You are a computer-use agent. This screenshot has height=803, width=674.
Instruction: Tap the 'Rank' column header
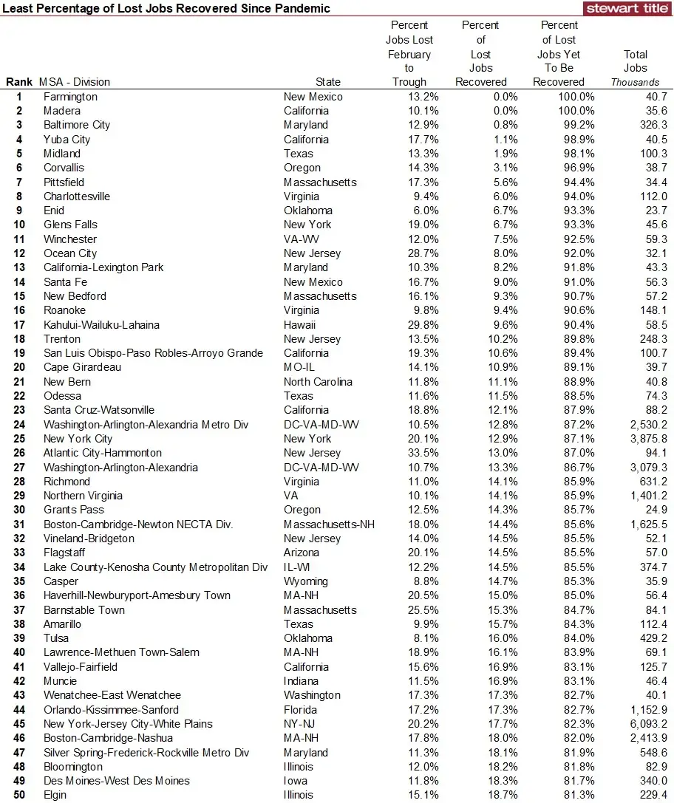19,82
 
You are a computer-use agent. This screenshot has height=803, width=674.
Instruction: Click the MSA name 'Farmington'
70,97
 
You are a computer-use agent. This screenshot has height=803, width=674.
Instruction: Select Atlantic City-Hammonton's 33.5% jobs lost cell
409,453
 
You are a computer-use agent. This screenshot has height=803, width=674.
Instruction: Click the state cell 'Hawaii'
299,325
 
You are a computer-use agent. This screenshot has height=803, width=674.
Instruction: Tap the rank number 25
19,439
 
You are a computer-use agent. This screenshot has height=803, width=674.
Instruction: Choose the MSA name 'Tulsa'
56,638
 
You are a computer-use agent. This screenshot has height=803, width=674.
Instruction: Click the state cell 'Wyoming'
305,581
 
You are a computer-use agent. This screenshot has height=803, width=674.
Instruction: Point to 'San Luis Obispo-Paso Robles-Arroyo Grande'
153,353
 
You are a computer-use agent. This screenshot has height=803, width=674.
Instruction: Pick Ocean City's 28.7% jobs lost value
409,253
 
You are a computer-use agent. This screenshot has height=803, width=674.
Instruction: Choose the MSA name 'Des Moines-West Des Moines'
117,781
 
